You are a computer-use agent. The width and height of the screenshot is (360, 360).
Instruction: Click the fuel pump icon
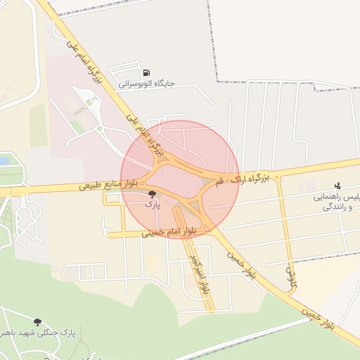[146, 72]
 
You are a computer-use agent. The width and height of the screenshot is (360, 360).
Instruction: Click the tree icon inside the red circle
[153, 194]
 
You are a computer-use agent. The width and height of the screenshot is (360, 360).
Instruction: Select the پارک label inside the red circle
[153, 205]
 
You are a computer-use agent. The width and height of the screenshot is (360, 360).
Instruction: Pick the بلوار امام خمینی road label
[169, 231]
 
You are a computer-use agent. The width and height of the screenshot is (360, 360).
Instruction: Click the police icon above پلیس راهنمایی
[337, 186]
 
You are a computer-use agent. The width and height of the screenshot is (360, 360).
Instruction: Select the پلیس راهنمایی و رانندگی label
[337, 202]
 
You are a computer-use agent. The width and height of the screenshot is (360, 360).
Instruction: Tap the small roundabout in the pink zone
[100, 129]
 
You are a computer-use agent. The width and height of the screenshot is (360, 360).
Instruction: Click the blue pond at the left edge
[4, 161]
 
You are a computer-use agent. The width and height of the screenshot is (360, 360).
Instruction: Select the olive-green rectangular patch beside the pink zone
[39, 126]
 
